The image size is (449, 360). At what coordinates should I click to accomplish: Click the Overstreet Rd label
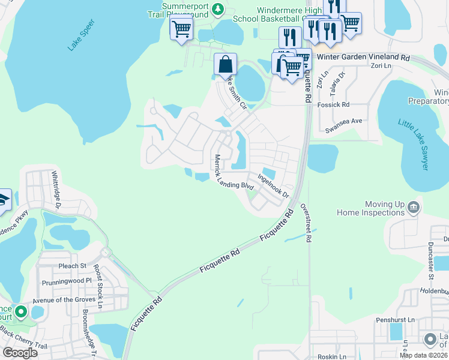pos(309,225)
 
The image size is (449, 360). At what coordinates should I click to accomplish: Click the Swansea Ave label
pos(344,121)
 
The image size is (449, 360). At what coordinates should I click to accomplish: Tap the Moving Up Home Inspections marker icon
pos(413,208)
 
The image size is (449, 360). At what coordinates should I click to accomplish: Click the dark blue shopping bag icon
pos(225,64)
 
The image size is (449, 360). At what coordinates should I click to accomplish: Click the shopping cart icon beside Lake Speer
pos(181,28)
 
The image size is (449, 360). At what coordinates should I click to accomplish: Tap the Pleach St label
pos(73,265)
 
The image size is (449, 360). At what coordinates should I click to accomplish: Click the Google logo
pos(20,353)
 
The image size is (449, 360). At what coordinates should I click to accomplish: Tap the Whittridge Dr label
pos(56,190)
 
